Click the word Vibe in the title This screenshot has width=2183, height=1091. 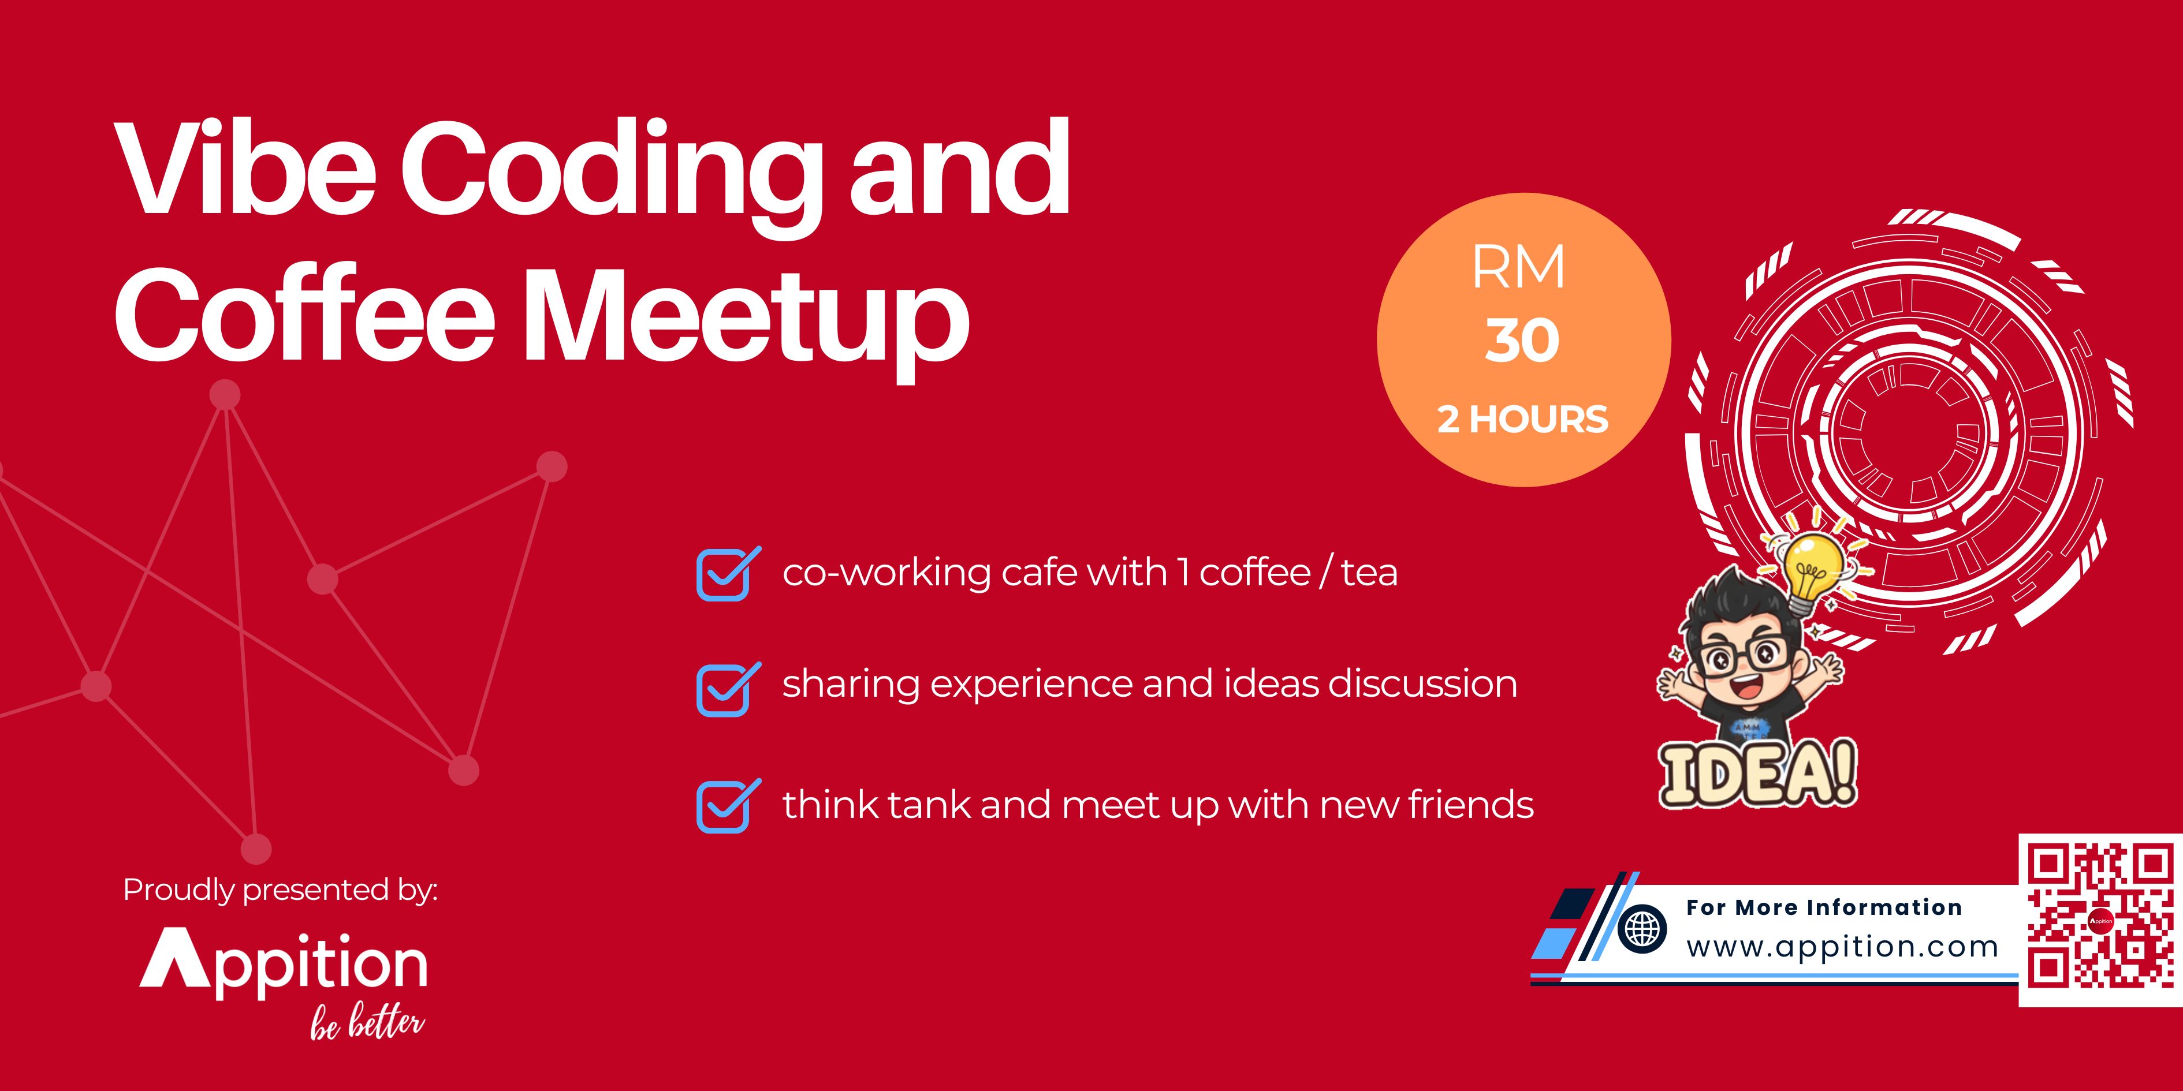(x=247, y=169)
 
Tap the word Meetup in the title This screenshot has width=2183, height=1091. (x=746, y=317)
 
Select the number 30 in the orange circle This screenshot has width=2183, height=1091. (x=1522, y=341)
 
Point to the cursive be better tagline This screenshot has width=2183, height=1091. (x=367, y=1026)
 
